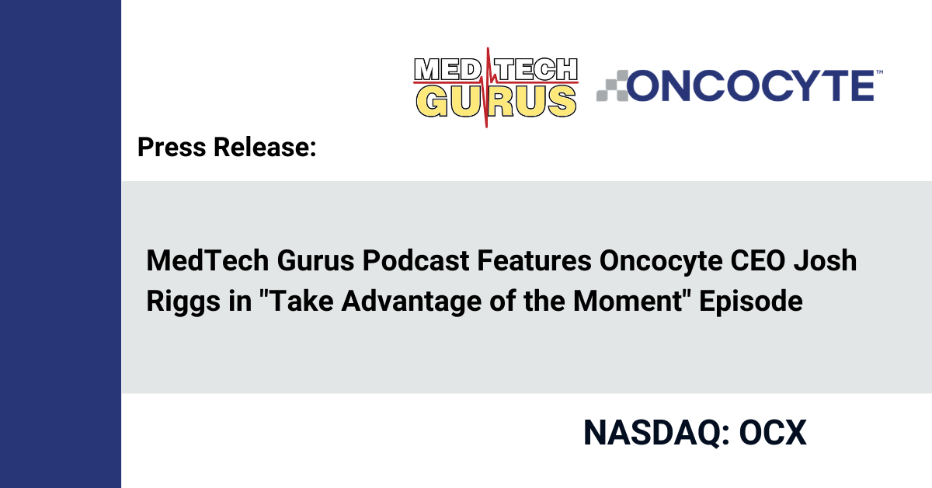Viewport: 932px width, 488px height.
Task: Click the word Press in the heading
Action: pos(172,147)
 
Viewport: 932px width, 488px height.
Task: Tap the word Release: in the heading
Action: pos(265,147)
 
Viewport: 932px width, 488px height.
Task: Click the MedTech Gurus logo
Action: pos(496,88)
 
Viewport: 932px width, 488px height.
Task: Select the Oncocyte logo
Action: pos(739,85)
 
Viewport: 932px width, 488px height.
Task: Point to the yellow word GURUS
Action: pos(496,101)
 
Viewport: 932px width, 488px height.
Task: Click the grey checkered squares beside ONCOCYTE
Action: pos(613,85)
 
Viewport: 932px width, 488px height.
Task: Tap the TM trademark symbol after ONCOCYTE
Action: pos(879,72)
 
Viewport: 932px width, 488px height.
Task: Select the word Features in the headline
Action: pos(534,260)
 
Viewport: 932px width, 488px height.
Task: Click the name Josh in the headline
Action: pos(825,260)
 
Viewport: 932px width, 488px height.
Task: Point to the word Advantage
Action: pos(412,302)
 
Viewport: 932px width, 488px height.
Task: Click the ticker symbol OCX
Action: pos(773,433)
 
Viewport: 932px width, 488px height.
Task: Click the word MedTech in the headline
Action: pos(207,260)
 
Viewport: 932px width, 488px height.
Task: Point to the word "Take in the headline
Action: pos(296,301)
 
